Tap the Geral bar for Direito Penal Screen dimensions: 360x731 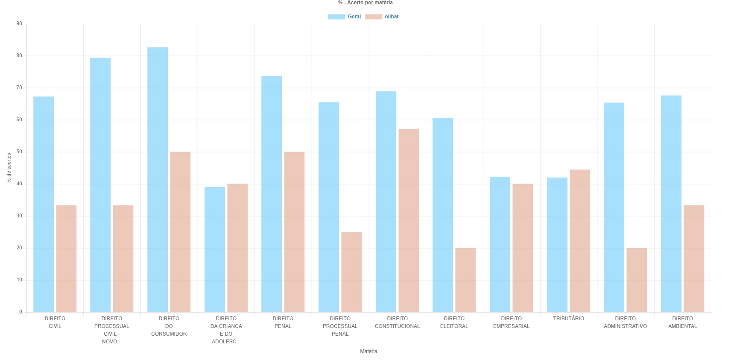click(x=272, y=194)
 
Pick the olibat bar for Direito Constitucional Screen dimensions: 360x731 click(x=409, y=220)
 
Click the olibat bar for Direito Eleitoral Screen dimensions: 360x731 click(x=465, y=280)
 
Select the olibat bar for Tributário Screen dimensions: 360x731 click(x=580, y=241)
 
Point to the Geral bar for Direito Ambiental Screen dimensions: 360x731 click(x=671, y=204)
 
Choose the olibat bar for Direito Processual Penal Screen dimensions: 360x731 click(x=351, y=272)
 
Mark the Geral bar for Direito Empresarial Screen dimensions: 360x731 click(x=500, y=244)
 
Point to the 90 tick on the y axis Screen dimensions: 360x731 click(x=19, y=23)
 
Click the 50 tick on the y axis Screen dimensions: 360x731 click(x=19, y=152)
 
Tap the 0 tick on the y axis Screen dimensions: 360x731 click(x=20, y=312)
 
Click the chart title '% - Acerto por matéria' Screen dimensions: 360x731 click(x=365, y=3)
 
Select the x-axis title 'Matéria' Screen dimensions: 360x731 click(x=368, y=351)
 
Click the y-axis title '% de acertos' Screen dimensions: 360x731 click(x=9, y=168)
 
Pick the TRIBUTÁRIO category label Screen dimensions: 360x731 click(x=568, y=319)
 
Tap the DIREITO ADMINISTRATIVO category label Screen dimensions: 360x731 click(x=625, y=322)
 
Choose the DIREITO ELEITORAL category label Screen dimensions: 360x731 click(x=454, y=322)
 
